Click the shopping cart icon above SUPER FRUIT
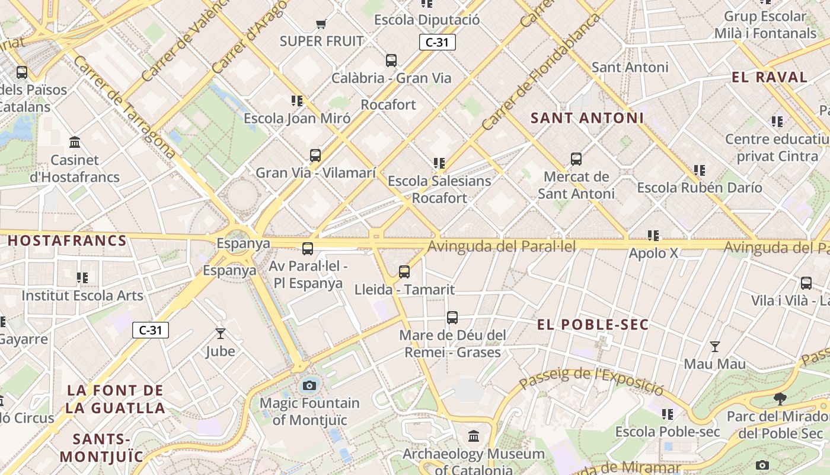pyautogui.click(x=321, y=24)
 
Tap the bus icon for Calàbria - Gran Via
pyautogui.click(x=391, y=60)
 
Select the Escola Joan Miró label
pyautogui.click(x=297, y=118)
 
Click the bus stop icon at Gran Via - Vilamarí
pyautogui.click(x=315, y=156)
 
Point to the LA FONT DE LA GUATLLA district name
pyautogui.click(x=115, y=399)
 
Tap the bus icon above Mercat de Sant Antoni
pyautogui.click(x=576, y=159)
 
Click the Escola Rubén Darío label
pyautogui.click(x=700, y=188)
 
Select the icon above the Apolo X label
pyautogui.click(x=653, y=236)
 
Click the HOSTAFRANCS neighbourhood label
pyautogui.click(x=67, y=240)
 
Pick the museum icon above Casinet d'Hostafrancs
pyautogui.click(x=75, y=142)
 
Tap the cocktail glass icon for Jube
pyautogui.click(x=221, y=334)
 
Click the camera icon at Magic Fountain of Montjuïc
pyautogui.click(x=309, y=386)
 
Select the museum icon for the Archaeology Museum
pyautogui.click(x=474, y=437)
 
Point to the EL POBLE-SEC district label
pyautogui.click(x=593, y=325)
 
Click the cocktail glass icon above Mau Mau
pyautogui.click(x=715, y=347)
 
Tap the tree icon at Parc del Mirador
pyautogui.click(x=780, y=399)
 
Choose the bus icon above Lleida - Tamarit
pyautogui.click(x=404, y=272)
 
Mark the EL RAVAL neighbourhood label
pyautogui.click(x=770, y=77)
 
